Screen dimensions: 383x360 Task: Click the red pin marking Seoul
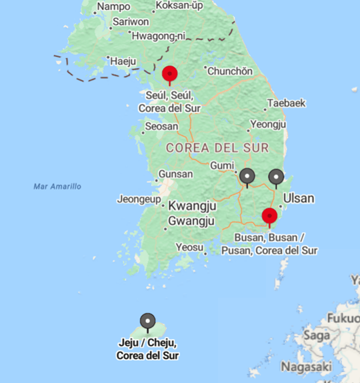(x=170, y=73)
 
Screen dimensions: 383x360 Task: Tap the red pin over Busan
(x=269, y=216)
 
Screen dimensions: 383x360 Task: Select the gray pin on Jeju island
(x=147, y=321)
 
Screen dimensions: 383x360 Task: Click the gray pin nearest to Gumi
(x=247, y=176)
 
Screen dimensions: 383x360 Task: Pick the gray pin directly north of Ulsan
(x=276, y=176)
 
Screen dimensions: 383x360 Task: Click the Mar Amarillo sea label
(x=57, y=186)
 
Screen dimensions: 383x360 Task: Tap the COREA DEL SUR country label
(x=217, y=147)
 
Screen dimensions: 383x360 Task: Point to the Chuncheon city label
(x=230, y=71)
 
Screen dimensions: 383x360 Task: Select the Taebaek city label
(x=286, y=103)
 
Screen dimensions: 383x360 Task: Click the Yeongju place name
(x=268, y=125)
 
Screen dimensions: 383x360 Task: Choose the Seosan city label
(x=161, y=125)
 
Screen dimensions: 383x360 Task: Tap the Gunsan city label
(x=176, y=174)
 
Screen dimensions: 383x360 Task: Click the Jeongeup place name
(x=140, y=199)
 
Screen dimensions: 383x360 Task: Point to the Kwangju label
(x=192, y=206)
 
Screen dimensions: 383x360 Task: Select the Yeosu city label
(x=189, y=248)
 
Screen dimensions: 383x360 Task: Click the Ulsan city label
(x=299, y=198)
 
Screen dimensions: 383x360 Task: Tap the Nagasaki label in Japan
(x=306, y=367)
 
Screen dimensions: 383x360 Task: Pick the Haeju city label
(x=123, y=61)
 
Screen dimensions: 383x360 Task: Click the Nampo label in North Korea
(x=114, y=7)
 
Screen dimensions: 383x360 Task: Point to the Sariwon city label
(x=131, y=21)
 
